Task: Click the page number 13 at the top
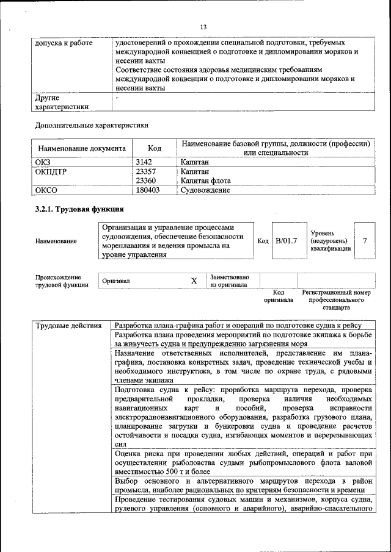coord(204,27)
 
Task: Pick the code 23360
coord(146,181)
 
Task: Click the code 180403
coord(148,190)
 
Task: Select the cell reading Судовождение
coord(205,190)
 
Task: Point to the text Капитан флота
coord(205,181)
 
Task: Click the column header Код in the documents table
coord(155,148)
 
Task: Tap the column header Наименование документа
coord(82,148)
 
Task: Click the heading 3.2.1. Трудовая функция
coord(79,209)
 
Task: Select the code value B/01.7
coord(286,241)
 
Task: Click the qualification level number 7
coord(365,241)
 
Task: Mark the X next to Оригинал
coord(194,281)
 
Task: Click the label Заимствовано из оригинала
coord(229,281)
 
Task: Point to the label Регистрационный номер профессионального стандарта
coord(336,300)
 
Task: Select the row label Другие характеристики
coord(62,102)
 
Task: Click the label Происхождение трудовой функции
coord(62,281)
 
